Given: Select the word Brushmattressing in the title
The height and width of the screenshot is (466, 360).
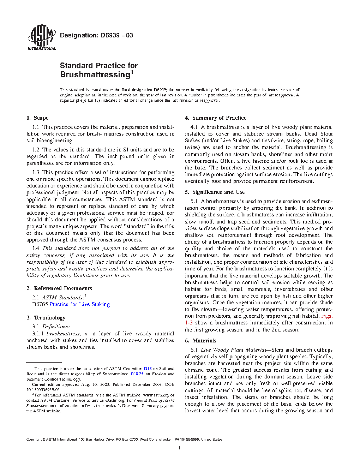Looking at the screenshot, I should (95, 75).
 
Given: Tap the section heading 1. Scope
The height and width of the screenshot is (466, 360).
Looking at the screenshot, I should (37, 118).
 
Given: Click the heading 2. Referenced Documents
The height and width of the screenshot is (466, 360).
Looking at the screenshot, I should (59, 288).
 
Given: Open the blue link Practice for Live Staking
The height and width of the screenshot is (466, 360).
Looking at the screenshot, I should (80, 304).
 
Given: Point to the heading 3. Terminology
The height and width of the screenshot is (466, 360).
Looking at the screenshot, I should (46, 318).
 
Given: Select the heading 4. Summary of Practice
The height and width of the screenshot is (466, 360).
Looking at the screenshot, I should (216, 118).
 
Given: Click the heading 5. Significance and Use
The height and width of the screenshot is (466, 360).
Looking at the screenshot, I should (215, 192).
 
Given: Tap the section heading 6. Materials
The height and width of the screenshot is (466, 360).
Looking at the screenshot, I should (200, 341).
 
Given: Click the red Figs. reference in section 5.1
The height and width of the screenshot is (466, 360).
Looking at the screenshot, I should (326, 316).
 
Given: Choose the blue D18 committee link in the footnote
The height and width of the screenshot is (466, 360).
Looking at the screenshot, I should (148, 369).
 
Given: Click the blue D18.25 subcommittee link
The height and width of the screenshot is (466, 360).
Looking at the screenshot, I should (137, 374).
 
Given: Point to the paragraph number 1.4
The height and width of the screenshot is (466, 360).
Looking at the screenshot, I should (36, 248).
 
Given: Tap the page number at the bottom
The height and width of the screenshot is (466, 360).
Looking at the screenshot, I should (180, 448).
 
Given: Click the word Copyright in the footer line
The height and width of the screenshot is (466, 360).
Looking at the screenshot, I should (34, 440).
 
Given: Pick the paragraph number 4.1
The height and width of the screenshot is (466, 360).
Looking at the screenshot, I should (194, 127).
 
